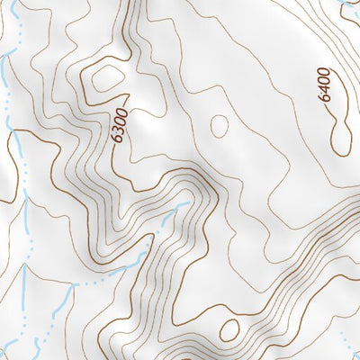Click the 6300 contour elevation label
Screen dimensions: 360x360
click(x=120, y=126)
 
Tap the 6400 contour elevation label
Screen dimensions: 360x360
click(x=325, y=84)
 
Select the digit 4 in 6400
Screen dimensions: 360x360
click(x=325, y=89)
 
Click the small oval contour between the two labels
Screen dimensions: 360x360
click(x=219, y=125)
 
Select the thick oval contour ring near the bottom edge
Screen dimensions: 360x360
click(x=229, y=329)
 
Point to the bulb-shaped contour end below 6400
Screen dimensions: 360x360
click(x=340, y=139)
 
